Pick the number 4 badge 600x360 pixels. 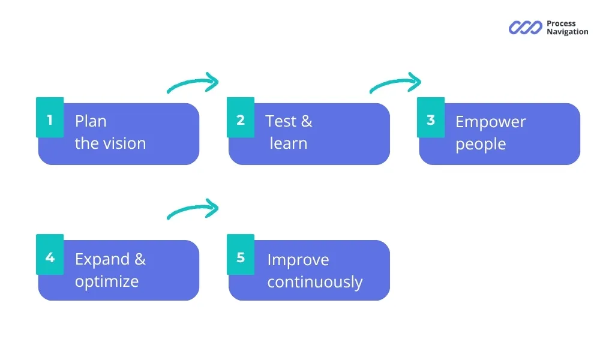[x=50, y=257]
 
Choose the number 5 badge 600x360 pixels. [x=241, y=257]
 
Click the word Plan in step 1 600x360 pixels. [x=91, y=121]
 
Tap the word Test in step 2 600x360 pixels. [x=281, y=121]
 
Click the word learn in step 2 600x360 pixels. [x=289, y=143]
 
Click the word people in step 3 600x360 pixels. [x=481, y=145]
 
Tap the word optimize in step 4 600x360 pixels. [x=107, y=281]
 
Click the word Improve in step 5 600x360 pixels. [x=298, y=260]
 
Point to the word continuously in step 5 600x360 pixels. [x=315, y=282]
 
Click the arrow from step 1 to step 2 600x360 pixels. [x=193, y=84]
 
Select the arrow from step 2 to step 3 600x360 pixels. [x=396, y=83]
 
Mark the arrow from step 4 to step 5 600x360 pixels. [x=193, y=209]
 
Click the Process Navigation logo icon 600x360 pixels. [x=526, y=28]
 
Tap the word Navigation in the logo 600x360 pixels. [x=567, y=32]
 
